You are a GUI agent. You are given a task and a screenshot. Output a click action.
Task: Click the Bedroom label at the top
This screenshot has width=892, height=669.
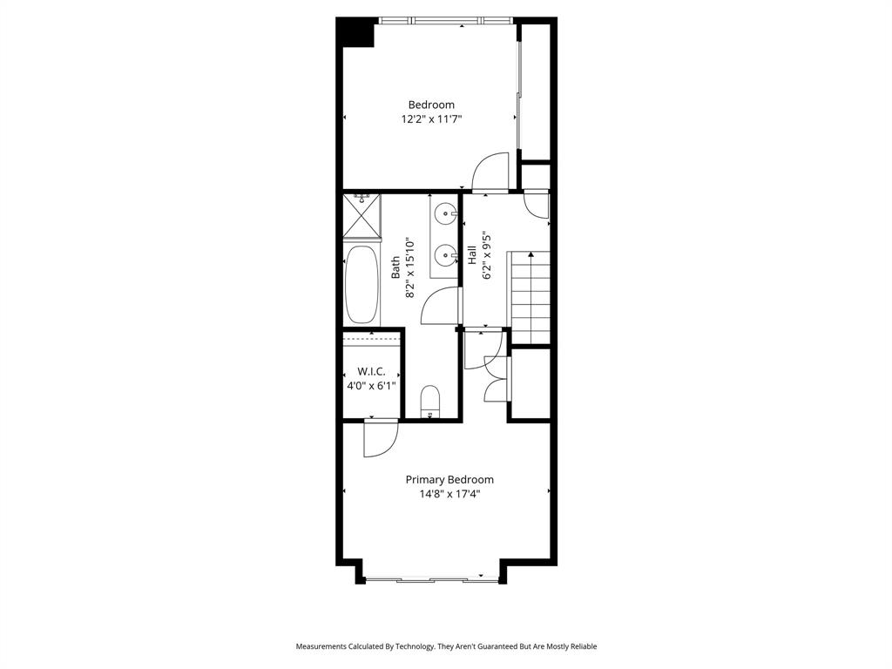click(x=431, y=105)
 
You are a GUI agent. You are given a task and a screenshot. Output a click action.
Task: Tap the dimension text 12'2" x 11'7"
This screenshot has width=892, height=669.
click(x=431, y=119)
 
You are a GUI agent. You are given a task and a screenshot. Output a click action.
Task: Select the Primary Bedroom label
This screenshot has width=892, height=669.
click(x=449, y=479)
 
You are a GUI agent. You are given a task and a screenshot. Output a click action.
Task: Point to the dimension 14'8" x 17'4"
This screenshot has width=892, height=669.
click(x=449, y=494)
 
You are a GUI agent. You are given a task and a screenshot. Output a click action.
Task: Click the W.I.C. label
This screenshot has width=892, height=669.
click(x=371, y=370)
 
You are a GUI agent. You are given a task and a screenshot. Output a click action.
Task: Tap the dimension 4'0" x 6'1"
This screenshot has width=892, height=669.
click(x=371, y=385)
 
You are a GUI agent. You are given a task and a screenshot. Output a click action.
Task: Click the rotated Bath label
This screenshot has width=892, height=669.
click(x=396, y=266)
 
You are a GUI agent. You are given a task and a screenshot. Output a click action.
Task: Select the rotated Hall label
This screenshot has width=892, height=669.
click(x=472, y=254)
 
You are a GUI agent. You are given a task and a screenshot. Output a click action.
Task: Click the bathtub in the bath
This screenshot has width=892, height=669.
click(x=362, y=285)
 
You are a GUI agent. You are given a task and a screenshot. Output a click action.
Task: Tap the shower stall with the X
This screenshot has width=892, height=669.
click(x=362, y=215)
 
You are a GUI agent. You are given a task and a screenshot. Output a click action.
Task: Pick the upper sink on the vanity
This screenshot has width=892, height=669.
click(x=447, y=212)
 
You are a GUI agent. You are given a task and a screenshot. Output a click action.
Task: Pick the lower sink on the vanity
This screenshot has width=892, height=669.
click(x=447, y=255)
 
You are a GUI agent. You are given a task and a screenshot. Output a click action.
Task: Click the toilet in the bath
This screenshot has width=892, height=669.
click(x=430, y=402)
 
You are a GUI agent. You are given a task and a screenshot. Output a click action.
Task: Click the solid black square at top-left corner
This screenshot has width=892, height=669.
click(x=355, y=32)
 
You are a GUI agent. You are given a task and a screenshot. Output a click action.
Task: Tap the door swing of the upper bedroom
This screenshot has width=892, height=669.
click(x=490, y=172)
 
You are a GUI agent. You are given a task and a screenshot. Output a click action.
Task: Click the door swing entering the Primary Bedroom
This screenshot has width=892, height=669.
click(x=380, y=438)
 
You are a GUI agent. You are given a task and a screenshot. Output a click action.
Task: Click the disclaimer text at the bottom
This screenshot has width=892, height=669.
click(x=446, y=646)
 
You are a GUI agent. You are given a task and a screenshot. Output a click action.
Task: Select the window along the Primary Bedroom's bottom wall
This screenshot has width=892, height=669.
click(x=431, y=578)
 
